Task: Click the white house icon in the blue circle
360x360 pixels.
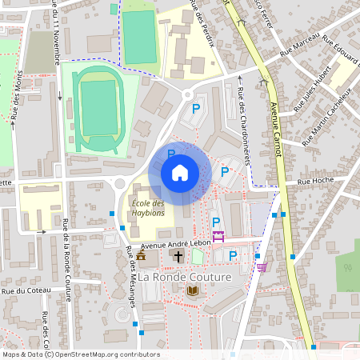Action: (180, 173)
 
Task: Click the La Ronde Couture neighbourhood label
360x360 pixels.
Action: (185, 277)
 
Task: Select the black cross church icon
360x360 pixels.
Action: (177, 257)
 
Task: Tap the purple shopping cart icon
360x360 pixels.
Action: (261, 267)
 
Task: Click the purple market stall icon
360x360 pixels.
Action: (218, 236)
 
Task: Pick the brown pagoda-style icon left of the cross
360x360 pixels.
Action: (142, 256)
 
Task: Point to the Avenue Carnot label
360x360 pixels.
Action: (279, 132)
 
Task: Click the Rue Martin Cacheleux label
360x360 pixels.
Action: (326, 118)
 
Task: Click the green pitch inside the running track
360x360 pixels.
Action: (99, 107)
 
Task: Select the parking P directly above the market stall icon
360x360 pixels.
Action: (215, 222)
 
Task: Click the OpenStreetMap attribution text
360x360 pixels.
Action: (81, 354)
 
